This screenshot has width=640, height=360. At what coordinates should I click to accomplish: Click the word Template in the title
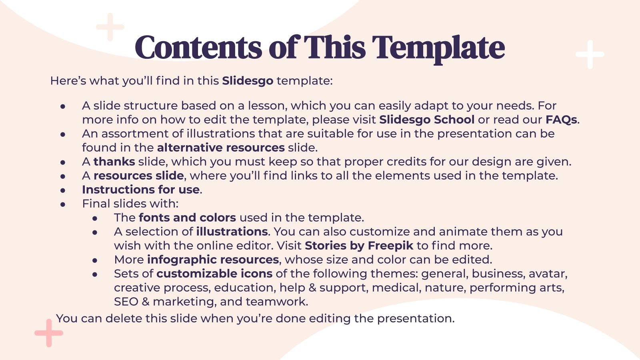438,48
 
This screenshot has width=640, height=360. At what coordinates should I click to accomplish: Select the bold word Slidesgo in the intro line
248,81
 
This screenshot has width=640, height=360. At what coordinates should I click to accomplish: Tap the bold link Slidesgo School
427,120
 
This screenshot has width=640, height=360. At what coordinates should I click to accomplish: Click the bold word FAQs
561,120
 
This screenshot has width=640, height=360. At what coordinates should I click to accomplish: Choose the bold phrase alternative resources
221,148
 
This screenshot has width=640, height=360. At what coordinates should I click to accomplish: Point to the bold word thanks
114,162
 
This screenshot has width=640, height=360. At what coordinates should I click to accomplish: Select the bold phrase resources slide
138,176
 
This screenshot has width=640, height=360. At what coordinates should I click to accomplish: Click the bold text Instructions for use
141,190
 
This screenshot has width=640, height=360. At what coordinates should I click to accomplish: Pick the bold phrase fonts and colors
187,218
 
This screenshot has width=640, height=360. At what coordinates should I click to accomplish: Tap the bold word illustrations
232,232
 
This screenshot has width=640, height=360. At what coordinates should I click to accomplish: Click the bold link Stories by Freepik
359,246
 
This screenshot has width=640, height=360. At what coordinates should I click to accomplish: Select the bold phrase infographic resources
213,260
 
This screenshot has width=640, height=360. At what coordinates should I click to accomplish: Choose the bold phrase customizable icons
214,274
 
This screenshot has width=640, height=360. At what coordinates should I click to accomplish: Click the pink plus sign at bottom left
49,333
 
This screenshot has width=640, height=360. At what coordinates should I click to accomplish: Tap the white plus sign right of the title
590,54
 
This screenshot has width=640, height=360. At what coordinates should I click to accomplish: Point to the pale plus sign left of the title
110,27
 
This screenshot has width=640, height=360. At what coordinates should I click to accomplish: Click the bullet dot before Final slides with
63,204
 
